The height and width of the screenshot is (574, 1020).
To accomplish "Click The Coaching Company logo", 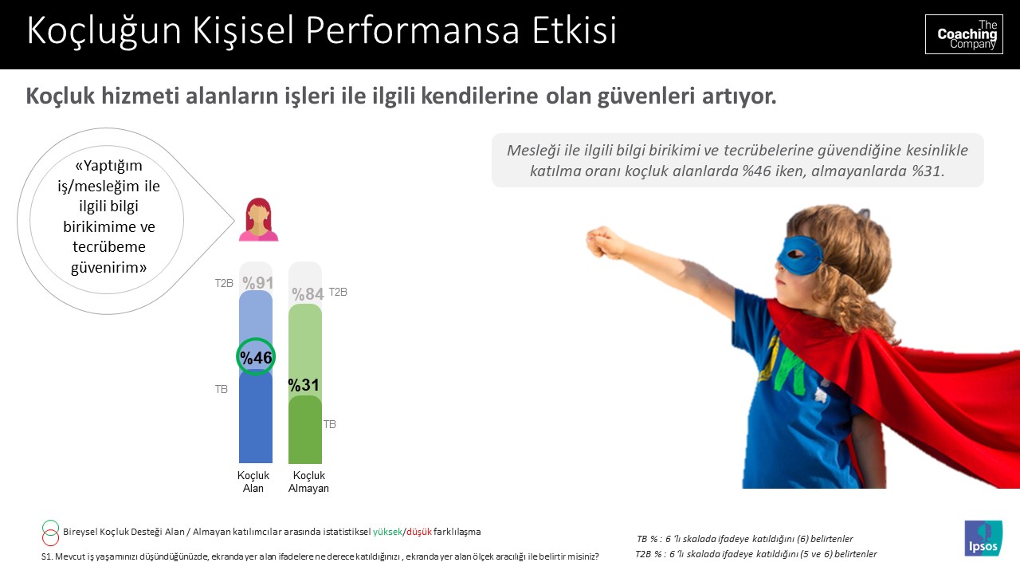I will (x=963, y=34).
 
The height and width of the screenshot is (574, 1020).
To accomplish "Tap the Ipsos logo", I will (x=983, y=538).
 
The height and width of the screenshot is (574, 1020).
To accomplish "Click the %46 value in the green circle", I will (x=256, y=358).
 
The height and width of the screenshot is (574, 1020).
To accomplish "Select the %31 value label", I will (x=304, y=385).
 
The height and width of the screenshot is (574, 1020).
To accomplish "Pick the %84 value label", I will (x=308, y=294).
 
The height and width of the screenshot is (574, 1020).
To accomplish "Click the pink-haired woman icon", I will (x=258, y=219).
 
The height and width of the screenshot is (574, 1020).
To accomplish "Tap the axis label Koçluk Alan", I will (x=253, y=482).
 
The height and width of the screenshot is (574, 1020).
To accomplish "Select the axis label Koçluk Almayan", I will (x=308, y=482).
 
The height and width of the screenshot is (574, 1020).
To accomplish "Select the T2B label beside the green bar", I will (x=338, y=293).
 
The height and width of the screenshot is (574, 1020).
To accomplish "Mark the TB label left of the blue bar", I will (x=222, y=390).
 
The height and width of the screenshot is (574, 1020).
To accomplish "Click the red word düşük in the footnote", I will (x=419, y=532).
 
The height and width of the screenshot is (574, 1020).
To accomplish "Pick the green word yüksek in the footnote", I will (x=387, y=532).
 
